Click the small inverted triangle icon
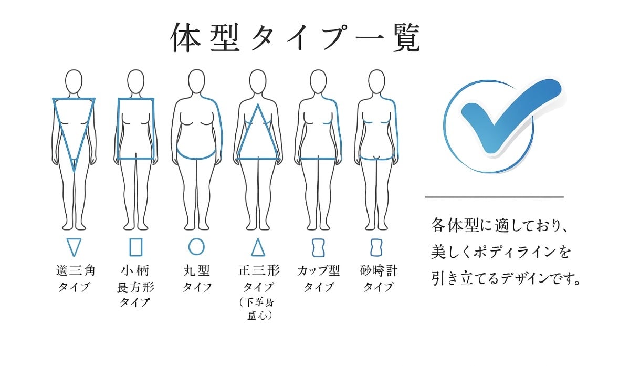[x=74, y=247]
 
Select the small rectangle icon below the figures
[x=135, y=247]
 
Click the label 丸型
[x=197, y=271]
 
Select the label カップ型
[x=318, y=271]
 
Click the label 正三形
[x=259, y=271]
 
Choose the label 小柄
[x=135, y=271]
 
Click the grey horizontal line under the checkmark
[x=494, y=197]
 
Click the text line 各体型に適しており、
[x=496, y=226]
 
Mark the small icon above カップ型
[x=318, y=247]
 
